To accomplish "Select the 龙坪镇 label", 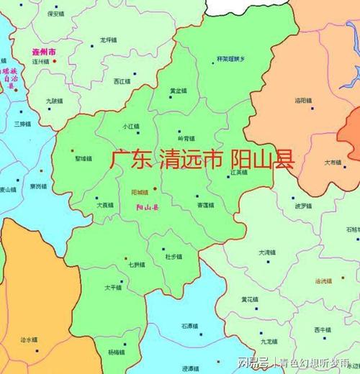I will tap(108, 40).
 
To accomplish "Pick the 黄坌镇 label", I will tap(177, 91).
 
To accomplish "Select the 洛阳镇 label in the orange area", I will tap(303, 101).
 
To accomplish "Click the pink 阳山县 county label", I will tap(147, 206).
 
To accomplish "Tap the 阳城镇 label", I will tap(140, 193).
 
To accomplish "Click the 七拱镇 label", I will tap(136, 265).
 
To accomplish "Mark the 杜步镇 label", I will tap(174, 256).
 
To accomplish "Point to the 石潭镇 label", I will tap(190, 327).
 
